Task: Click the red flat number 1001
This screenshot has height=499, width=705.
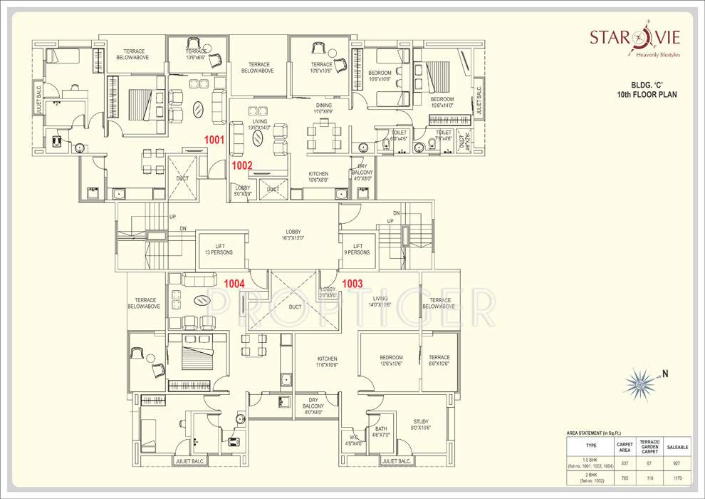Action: (214, 140)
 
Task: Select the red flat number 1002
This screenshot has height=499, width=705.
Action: (242, 165)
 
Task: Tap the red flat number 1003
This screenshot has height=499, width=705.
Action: (352, 283)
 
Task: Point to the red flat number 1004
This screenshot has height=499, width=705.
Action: (234, 284)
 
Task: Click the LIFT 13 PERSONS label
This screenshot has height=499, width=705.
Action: (220, 249)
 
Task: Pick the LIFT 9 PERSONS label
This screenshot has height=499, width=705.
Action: (357, 249)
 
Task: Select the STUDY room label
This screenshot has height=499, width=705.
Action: (421, 426)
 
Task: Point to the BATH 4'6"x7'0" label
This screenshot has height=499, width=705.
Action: (381, 431)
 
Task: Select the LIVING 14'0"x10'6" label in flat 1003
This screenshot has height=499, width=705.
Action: (380, 302)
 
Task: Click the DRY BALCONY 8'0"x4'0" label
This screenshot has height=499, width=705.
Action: (313, 406)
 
